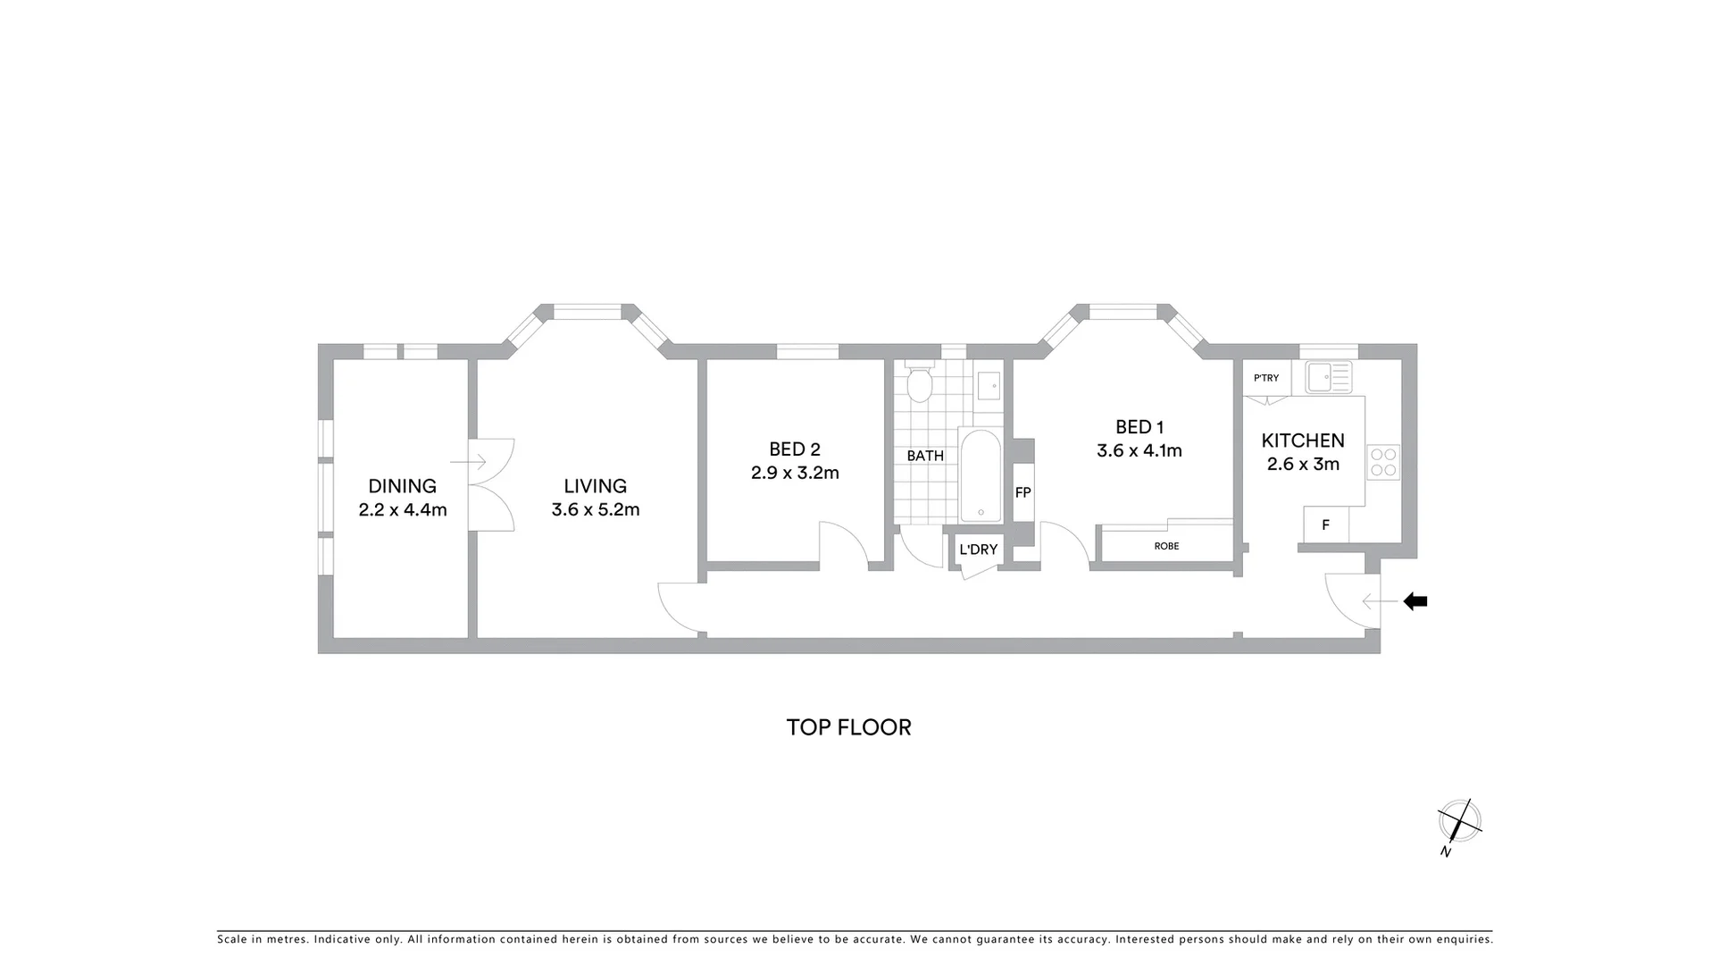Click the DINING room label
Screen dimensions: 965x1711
(402, 486)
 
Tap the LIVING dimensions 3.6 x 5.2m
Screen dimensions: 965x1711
(595, 510)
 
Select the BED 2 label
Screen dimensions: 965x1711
(794, 449)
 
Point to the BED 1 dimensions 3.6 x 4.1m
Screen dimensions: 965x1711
(1139, 451)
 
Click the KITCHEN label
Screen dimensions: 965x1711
(1302, 441)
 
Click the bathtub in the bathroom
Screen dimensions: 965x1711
(980, 476)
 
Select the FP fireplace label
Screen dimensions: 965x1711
(1022, 492)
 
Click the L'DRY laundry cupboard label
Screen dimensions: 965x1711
(978, 550)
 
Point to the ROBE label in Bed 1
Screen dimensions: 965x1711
(1166, 546)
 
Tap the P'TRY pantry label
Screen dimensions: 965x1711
(1265, 378)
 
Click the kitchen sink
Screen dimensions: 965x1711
(1328, 377)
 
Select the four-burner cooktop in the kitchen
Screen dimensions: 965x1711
(1382, 462)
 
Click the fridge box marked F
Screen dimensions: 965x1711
(1325, 525)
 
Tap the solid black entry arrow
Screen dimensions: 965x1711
(1415, 601)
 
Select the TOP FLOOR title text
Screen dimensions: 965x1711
(848, 727)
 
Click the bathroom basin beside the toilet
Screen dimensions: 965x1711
(988, 386)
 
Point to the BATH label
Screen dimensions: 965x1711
(925, 456)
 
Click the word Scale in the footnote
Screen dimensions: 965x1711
(233, 939)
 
